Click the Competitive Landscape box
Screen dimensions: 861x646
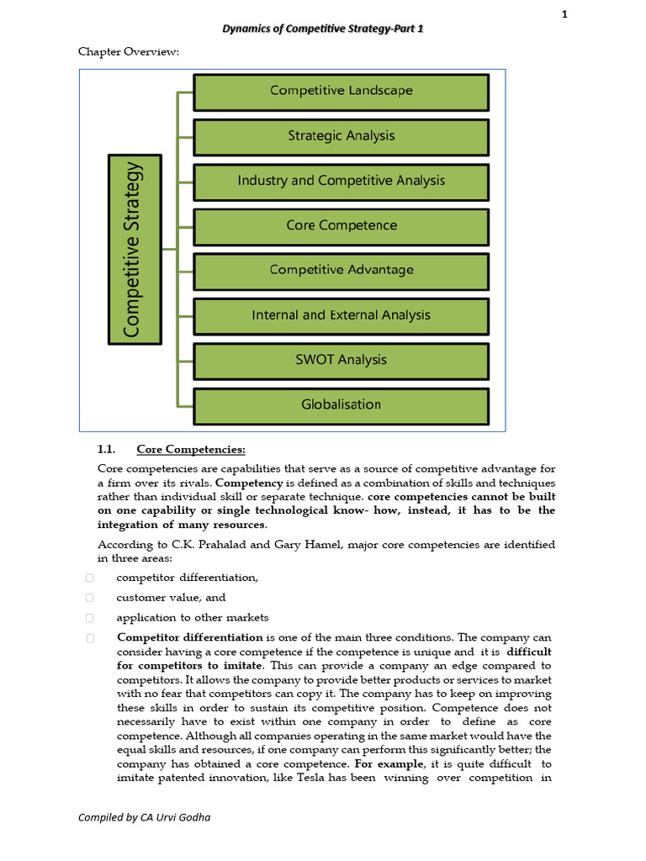[x=341, y=91]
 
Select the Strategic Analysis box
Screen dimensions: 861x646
[x=341, y=135]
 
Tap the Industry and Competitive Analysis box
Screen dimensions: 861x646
[x=341, y=181]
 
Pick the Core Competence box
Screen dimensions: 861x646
[x=341, y=225]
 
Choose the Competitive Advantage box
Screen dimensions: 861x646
[x=341, y=270]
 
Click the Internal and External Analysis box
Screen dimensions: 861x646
[x=341, y=315]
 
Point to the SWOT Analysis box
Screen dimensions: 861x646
[x=341, y=360]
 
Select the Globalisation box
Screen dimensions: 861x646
[x=341, y=404]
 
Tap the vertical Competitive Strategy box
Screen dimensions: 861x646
[x=135, y=249]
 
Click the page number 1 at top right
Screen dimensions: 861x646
[x=564, y=13]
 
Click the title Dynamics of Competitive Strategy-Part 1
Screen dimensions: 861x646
[x=323, y=29]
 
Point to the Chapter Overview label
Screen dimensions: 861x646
[x=129, y=52]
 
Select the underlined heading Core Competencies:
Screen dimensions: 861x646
[x=191, y=449]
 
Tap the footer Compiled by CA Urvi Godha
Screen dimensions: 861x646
[x=144, y=816]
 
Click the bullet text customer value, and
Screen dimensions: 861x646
[x=171, y=598]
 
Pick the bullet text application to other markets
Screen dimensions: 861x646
[x=193, y=618]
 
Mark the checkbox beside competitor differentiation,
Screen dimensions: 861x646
[x=89, y=578]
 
